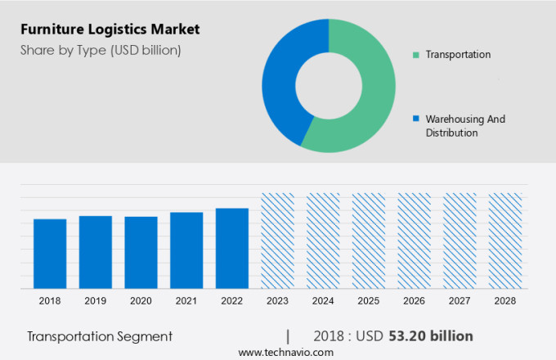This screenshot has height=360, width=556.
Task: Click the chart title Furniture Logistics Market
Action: pyautogui.click(x=112, y=29)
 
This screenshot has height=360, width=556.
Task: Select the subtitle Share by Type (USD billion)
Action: pyautogui.click(x=101, y=50)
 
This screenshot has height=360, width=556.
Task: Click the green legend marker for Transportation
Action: pyautogui.click(x=416, y=55)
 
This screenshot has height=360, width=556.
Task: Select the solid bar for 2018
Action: pyautogui.click(x=50, y=254)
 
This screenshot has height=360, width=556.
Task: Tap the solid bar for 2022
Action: pyautogui.click(x=232, y=248)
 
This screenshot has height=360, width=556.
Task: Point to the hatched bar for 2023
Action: pyautogui.click(x=277, y=241)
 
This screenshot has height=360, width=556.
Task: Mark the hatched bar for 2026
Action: pyautogui.click(x=414, y=241)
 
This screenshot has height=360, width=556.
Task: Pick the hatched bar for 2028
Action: pyautogui.click(x=504, y=241)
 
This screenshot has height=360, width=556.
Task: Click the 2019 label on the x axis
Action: pyautogui.click(x=95, y=301)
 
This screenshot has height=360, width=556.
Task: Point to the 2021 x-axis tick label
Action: pyautogui.click(x=186, y=301)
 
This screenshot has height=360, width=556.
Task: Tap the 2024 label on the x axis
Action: pyautogui.click(x=323, y=301)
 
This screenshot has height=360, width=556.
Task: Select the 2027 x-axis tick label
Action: pyautogui.click(x=460, y=301)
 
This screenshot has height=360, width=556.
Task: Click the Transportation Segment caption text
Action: pyautogui.click(x=100, y=336)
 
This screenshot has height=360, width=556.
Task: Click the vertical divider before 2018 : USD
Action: pyautogui.click(x=288, y=336)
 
